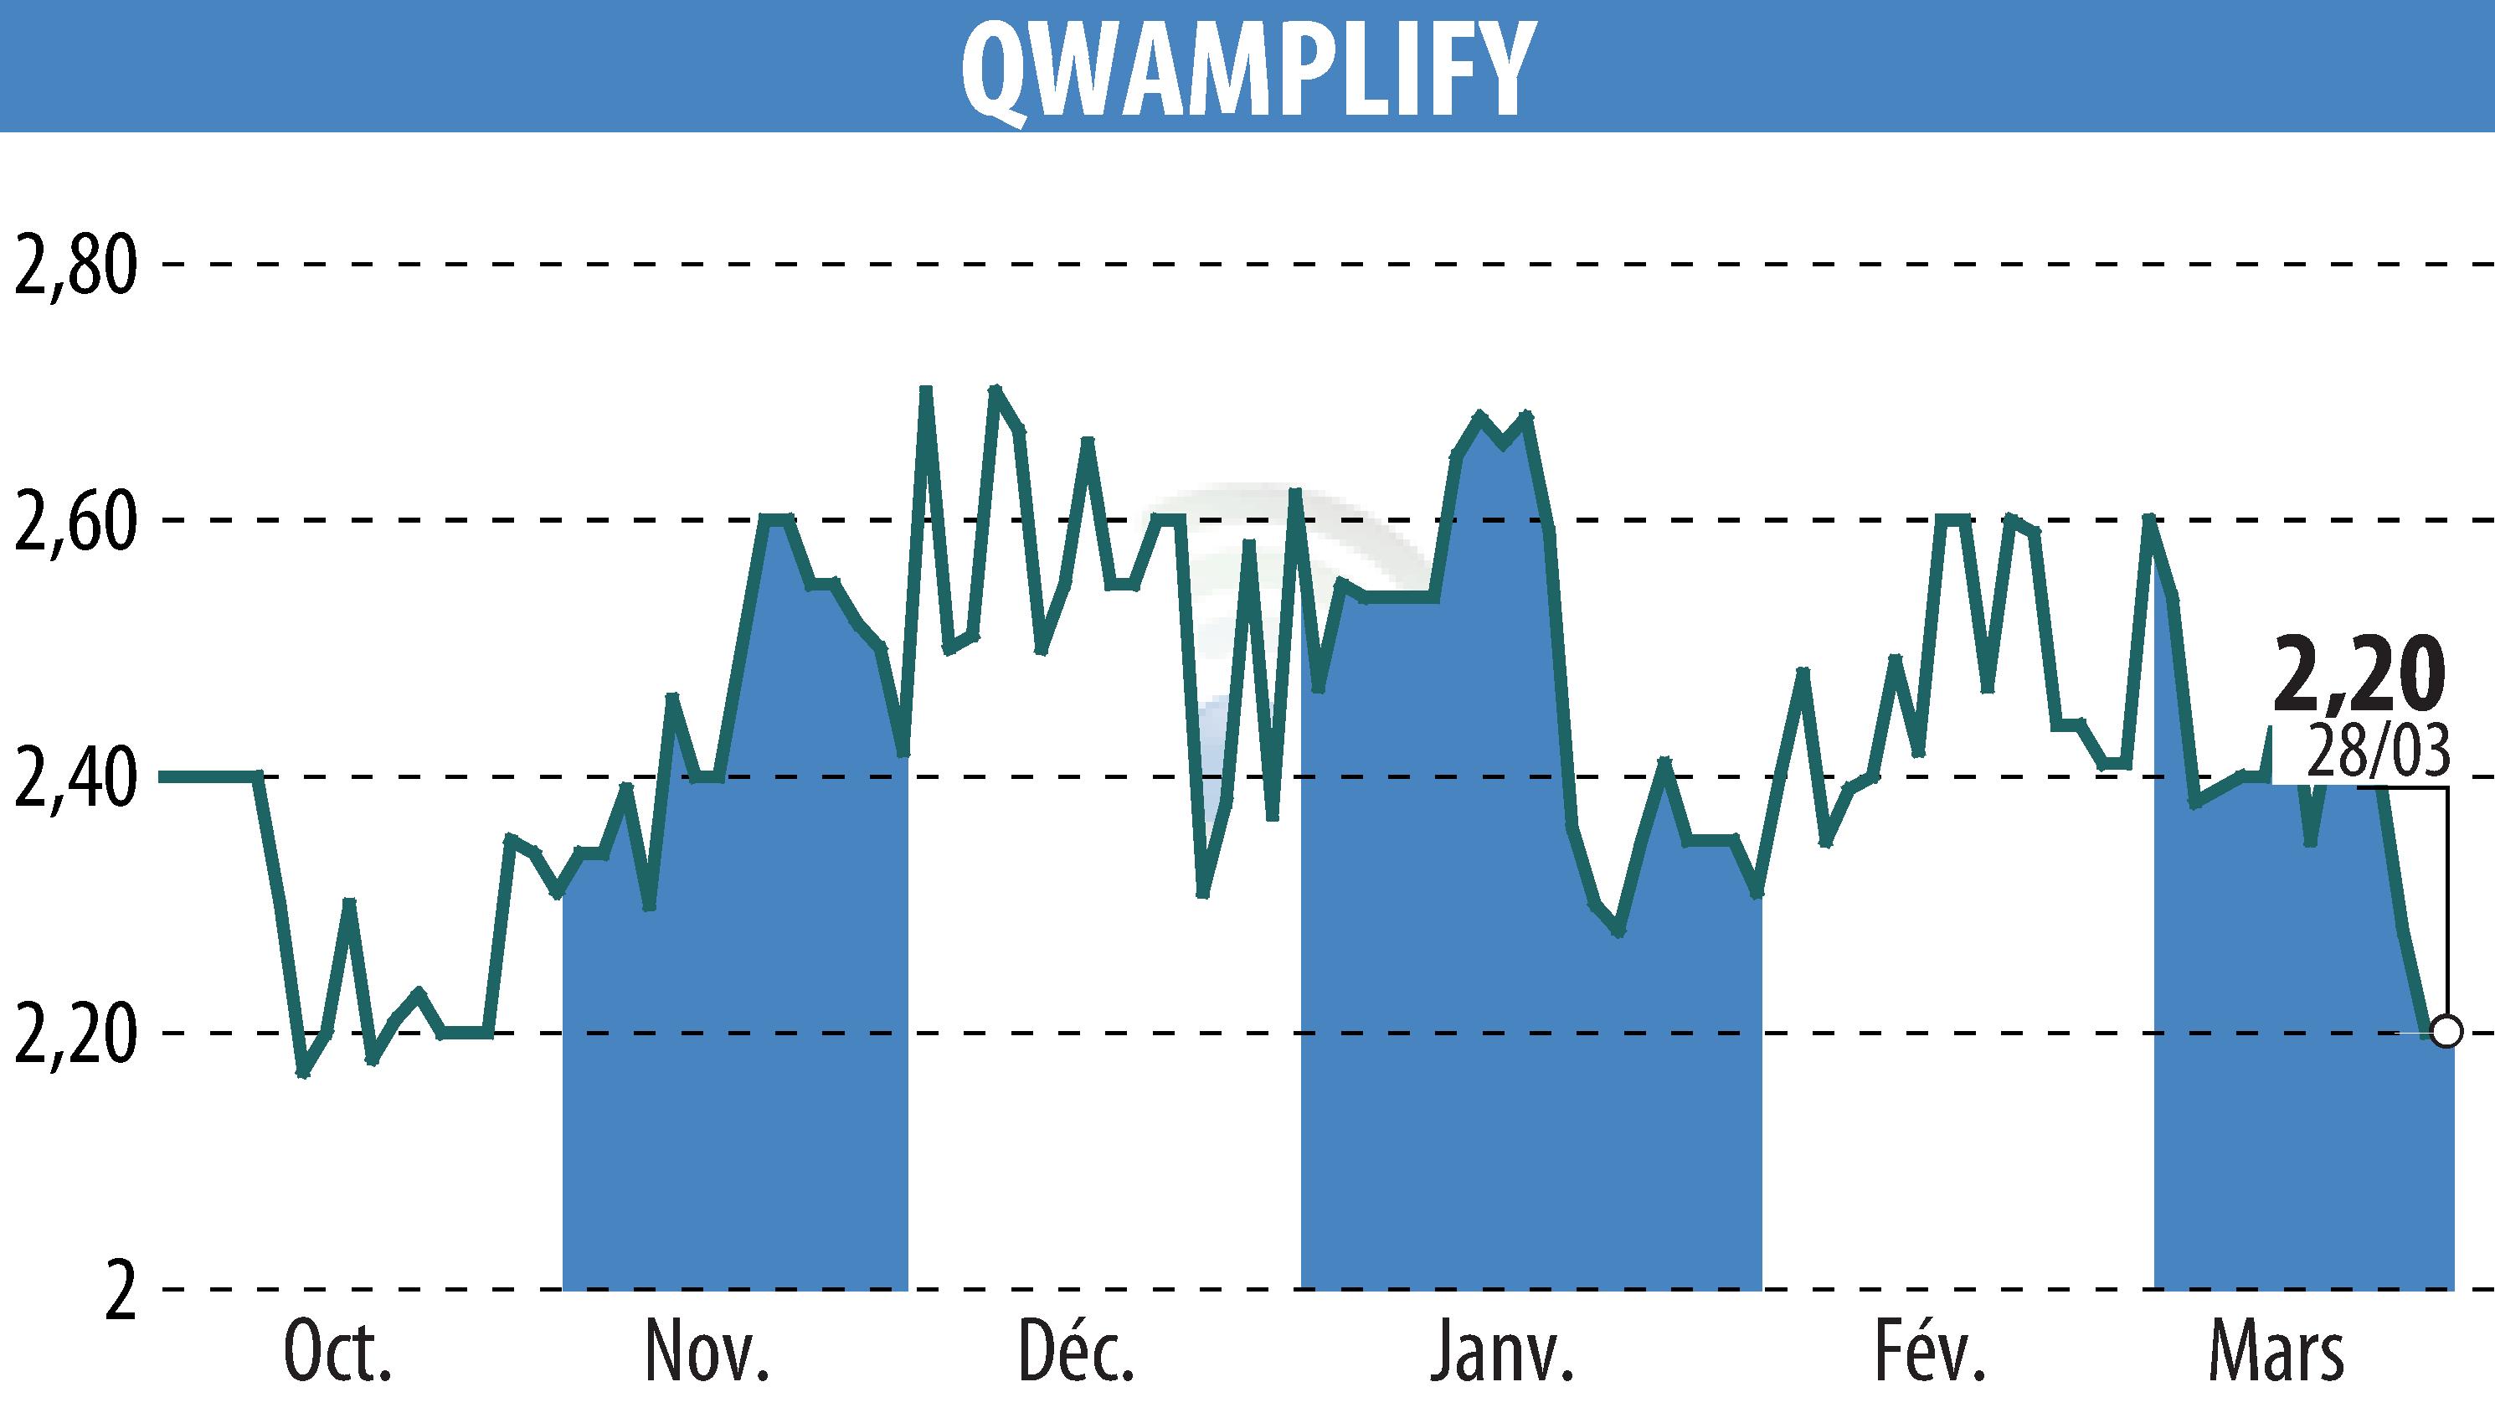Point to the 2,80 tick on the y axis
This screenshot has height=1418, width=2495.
74,265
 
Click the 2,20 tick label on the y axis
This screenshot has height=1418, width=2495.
74,1034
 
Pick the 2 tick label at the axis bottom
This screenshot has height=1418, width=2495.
119,1292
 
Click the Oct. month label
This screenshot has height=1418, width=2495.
337,1353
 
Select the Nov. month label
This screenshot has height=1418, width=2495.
707,1353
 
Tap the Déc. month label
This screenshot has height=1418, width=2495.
1076,1353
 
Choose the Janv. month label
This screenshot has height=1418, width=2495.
1502,1353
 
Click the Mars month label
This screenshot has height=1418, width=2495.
2276,1353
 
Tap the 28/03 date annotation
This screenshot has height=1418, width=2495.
2377,750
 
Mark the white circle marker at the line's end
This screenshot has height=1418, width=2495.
2446,1030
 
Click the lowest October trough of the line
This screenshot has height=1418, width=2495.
303,1073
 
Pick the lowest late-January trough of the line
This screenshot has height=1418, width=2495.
1618,932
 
